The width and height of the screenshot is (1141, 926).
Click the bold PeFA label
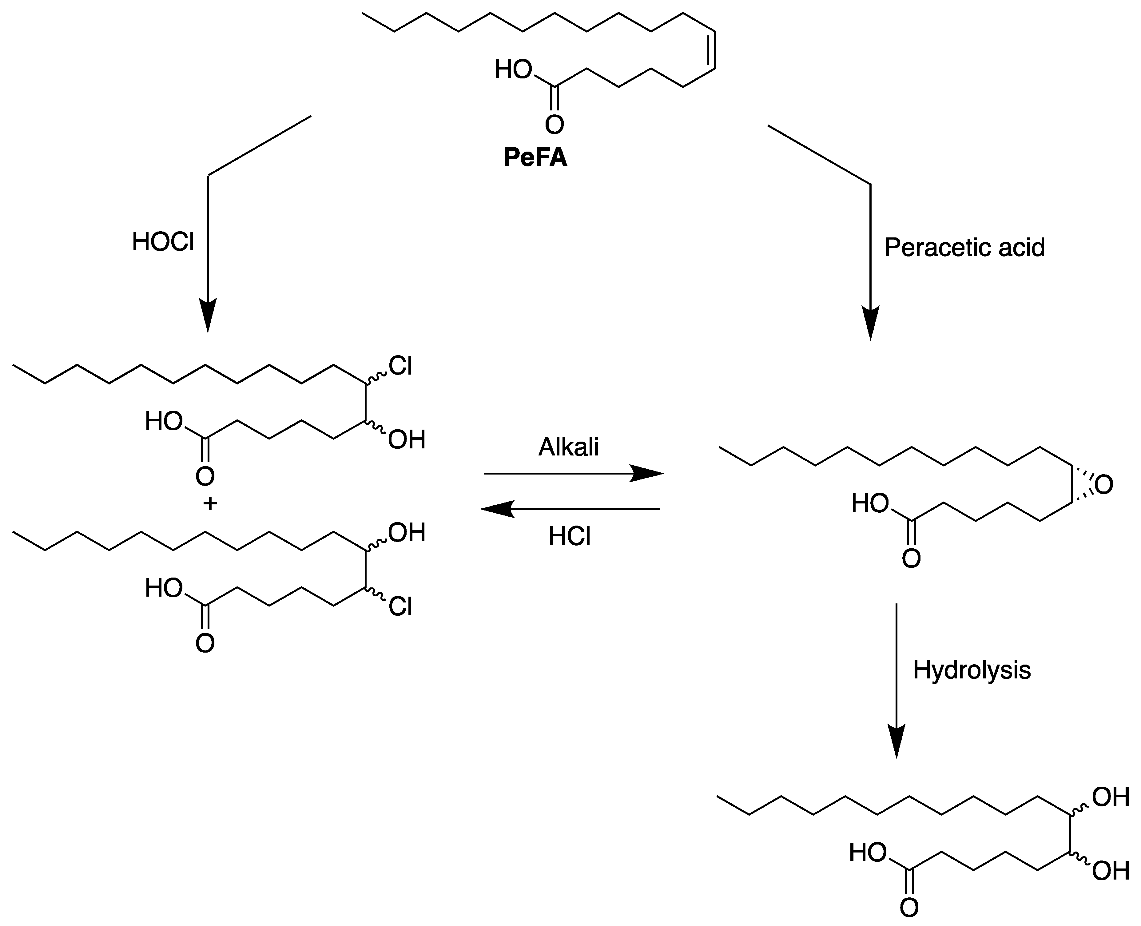click(535, 158)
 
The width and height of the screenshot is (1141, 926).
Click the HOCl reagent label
click(163, 242)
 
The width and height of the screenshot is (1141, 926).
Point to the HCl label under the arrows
click(569, 537)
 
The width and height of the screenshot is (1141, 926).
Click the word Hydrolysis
click(971, 670)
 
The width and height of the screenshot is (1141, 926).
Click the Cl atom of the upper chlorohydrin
click(400, 366)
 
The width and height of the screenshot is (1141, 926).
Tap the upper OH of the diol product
click(1111, 797)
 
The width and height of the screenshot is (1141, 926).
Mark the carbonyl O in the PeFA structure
click(554, 124)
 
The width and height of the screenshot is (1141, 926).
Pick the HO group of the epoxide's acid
click(869, 503)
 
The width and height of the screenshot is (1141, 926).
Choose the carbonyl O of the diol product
click(909, 907)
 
